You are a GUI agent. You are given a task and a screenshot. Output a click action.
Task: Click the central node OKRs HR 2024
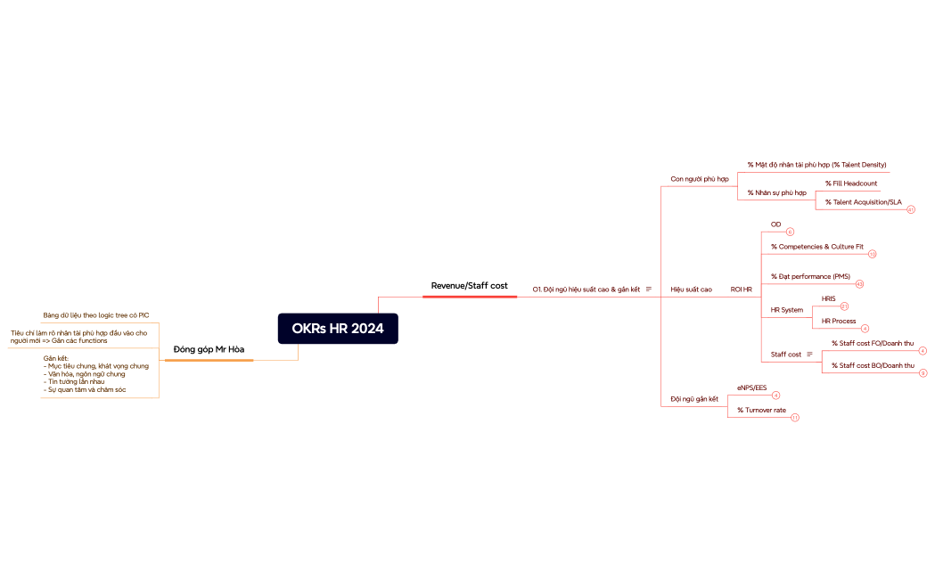tap(338, 328)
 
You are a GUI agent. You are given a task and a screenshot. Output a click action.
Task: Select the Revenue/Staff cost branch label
tap(469, 285)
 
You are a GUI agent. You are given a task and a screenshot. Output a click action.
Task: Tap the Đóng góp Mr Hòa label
tap(209, 348)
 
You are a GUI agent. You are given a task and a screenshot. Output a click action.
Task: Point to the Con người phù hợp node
tap(699, 179)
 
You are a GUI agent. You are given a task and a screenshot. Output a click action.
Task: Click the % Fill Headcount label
tap(850, 183)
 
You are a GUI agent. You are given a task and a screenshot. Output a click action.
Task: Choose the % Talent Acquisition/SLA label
tap(863, 202)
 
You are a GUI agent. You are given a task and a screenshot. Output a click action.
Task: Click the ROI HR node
tap(741, 289)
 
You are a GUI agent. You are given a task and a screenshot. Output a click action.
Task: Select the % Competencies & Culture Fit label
tap(816, 246)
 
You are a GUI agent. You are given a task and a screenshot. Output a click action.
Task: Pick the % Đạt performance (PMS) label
tap(810, 277)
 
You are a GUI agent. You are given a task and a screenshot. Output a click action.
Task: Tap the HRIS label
tap(828, 298)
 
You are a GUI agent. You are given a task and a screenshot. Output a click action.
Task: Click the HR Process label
tap(838, 321)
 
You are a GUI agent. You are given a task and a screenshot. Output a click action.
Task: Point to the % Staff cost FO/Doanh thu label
tap(872, 343)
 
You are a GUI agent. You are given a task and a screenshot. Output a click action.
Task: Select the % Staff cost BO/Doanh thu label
tap(872, 365)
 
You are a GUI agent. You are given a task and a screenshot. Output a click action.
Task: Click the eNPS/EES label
tap(751, 387)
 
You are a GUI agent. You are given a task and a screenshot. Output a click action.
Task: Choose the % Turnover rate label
tap(761, 410)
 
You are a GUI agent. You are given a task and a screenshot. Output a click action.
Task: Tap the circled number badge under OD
tap(790, 232)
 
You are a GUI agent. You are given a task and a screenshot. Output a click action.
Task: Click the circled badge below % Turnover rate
tap(794, 417)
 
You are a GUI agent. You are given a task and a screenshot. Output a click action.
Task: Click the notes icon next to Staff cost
tap(809, 355)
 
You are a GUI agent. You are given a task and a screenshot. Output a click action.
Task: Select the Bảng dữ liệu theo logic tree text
tap(95, 315)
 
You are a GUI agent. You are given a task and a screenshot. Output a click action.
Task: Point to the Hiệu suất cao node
tap(691, 289)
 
